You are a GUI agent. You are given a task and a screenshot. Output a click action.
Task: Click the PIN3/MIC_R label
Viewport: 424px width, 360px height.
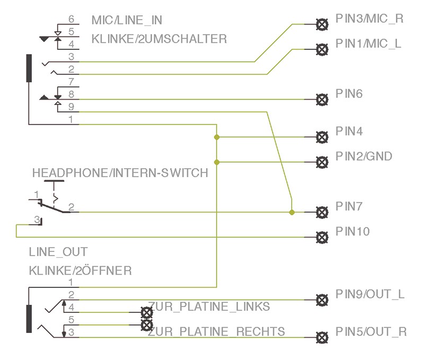tap(369, 19)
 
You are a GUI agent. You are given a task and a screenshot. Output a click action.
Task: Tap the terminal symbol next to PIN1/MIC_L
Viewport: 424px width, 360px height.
tap(321, 49)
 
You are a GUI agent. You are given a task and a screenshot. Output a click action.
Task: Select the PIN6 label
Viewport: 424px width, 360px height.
tap(348, 94)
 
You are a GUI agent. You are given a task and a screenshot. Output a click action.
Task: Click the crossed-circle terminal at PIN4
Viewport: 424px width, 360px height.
tap(321, 137)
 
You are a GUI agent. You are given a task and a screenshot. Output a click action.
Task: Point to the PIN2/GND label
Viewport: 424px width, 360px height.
tap(364, 156)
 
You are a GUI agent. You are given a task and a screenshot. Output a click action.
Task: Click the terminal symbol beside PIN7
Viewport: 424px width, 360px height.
tap(321, 212)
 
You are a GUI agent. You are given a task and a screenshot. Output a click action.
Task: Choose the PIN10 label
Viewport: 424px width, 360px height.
tap(352, 232)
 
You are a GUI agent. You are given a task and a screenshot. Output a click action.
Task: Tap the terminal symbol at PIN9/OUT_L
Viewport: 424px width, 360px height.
tap(321, 300)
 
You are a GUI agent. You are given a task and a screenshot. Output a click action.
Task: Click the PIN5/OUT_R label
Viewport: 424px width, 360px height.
tap(370, 332)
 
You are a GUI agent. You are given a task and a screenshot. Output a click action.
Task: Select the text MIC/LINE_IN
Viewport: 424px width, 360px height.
tap(127, 21)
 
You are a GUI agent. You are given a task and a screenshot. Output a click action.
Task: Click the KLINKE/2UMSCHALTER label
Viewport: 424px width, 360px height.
tap(159, 39)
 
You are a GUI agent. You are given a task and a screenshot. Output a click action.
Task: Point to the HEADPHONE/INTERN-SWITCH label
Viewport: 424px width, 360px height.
tap(120, 173)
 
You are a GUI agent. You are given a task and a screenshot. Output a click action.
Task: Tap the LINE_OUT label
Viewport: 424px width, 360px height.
tap(58, 252)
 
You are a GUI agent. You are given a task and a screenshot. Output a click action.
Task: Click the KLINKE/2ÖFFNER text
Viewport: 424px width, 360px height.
tap(80, 271)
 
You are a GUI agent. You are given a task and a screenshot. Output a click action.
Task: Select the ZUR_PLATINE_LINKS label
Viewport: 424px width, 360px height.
tap(209, 306)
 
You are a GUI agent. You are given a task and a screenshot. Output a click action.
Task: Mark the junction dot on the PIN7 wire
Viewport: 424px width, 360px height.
tap(291, 212)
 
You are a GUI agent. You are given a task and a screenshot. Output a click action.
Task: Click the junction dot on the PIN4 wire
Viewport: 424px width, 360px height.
tap(216, 137)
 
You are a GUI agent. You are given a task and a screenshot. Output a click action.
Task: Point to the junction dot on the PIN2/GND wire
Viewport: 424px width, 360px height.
tap(216, 162)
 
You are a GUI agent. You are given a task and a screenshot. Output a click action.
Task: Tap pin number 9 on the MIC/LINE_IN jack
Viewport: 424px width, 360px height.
tap(72, 106)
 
